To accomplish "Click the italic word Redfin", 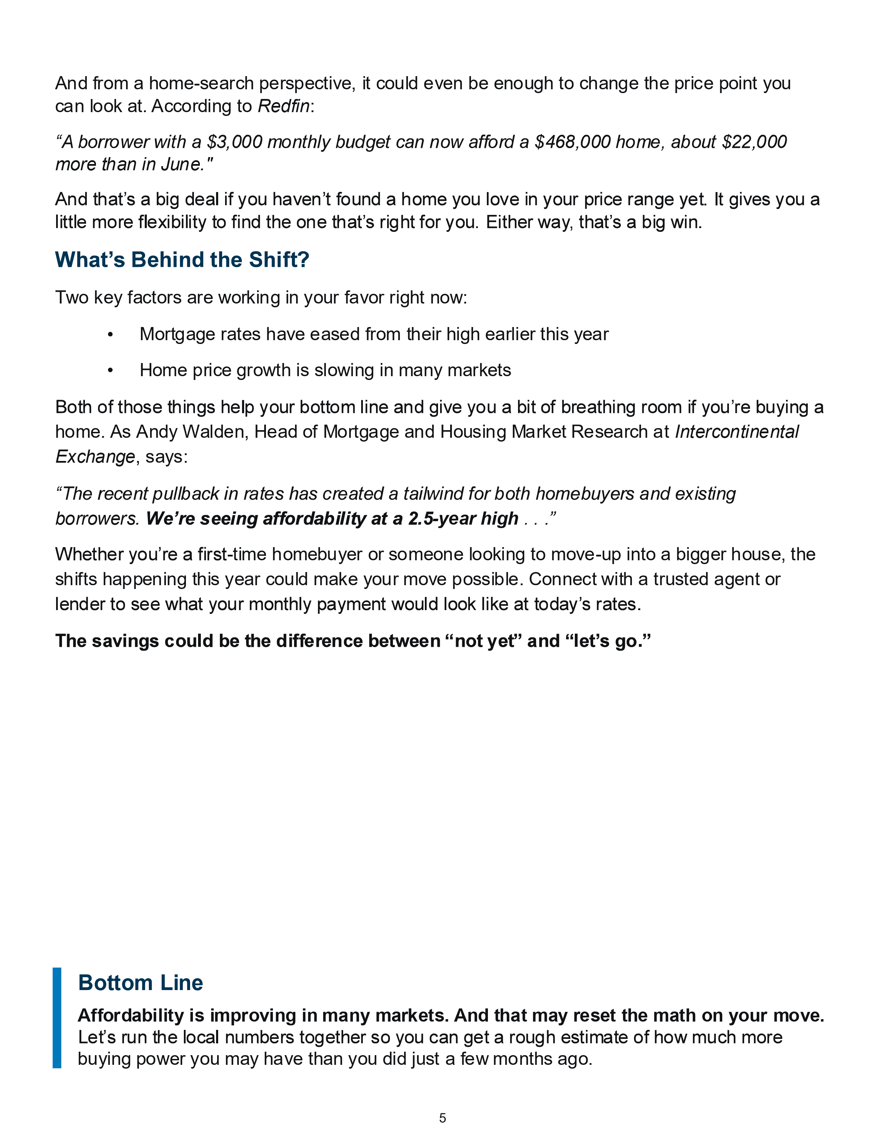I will click(x=284, y=106).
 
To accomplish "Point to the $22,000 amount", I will click(x=754, y=142).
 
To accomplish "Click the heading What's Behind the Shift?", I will click(x=182, y=260).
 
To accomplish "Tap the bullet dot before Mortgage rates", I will click(x=110, y=335).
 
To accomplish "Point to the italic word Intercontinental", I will click(x=737, y=432).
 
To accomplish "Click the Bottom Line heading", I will click(x=140, y=983).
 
